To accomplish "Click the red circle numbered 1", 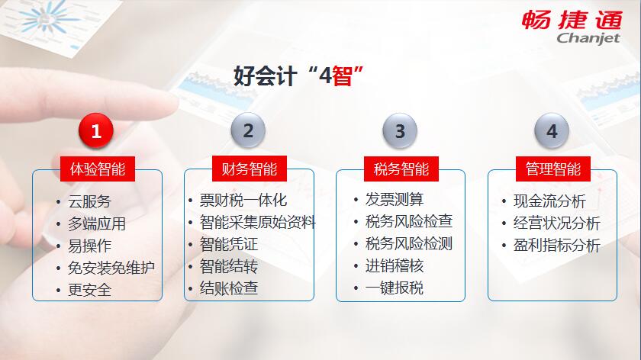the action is pos(96,130).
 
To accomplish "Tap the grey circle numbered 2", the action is pos(248,130).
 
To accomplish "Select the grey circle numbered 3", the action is pos(400,130).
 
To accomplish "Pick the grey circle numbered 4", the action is pos(552,130).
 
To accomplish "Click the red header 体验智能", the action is pos(98,169).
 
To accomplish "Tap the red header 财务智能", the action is pos(250,169).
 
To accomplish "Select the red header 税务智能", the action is pos(401,169).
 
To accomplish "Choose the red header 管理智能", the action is pos(553,169).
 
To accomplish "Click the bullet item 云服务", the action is pos(89,201).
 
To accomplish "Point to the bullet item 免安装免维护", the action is pos(111,268).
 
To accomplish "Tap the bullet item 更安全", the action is pos(89,290).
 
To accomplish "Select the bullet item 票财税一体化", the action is pos(243,201).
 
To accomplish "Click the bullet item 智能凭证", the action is pos(229,244).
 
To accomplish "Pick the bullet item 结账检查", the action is pos(229,288).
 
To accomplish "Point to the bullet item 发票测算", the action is pos(395,199).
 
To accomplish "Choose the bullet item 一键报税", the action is pos(395,288).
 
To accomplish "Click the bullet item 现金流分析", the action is pos(550,201).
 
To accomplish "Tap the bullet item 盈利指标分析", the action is pos(557,245).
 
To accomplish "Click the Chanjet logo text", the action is pos(588,38).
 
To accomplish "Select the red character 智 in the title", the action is pos(342,76).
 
